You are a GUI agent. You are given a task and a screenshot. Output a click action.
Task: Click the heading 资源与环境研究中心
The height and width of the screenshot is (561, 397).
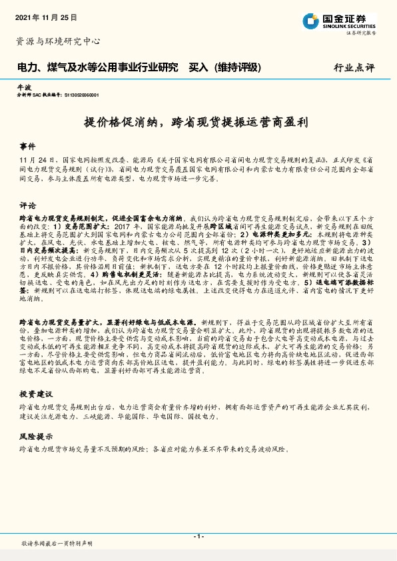(x=58, y=41)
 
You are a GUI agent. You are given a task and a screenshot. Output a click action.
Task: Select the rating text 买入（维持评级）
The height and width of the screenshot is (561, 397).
(x=224, y=68)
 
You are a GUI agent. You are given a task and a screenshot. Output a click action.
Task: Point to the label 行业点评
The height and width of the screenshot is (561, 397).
(x=354, y=68)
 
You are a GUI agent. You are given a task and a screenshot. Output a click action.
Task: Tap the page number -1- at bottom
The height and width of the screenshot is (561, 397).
(x=198, y=536)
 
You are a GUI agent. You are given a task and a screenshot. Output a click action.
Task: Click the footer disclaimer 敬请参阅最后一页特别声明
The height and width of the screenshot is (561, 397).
(x=57, y=544)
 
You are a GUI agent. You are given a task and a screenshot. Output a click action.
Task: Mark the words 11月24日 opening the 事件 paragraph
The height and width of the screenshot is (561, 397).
(x=38, y=161)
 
